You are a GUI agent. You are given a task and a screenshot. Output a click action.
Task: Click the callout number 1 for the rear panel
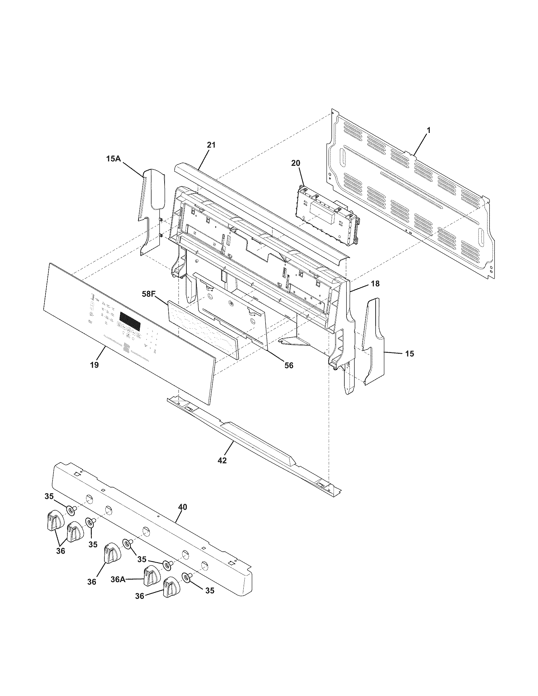(429, 130)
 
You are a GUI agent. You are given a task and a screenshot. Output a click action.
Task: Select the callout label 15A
(114, 158)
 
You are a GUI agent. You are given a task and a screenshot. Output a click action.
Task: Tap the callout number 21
(211, 145)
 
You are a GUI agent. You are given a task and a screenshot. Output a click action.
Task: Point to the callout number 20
(296, 163)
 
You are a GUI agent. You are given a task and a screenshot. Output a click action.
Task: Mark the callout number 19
(94, 364)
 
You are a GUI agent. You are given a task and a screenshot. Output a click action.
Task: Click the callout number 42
(222, 460)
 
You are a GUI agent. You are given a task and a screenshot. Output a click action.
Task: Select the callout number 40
(183, 507)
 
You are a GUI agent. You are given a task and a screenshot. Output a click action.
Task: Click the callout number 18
(375, 283)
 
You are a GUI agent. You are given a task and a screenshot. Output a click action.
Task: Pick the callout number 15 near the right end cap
(410, 354)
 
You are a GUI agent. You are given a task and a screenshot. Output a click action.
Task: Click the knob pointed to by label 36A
(151, 585)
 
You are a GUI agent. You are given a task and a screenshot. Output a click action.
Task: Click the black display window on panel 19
(130, 321)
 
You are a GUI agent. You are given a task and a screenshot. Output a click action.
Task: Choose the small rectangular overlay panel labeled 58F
(204, 328)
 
